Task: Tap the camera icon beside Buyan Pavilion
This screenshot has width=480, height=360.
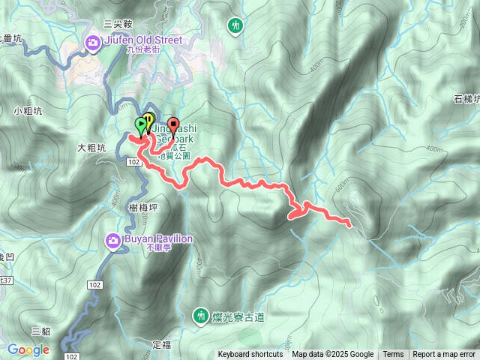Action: coord(112,240)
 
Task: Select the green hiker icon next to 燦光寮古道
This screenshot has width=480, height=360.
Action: coord(201,316)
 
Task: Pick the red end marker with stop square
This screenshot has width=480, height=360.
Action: coord(174,125)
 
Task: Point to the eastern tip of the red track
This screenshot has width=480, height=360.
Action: coord(350,224)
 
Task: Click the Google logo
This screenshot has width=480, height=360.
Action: coord(28,349)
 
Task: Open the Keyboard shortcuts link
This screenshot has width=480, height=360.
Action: coord(250,355)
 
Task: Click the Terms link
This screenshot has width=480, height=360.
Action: coord(393,355)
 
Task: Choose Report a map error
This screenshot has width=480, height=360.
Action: coord(444,355)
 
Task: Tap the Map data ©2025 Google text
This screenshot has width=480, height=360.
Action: coord(332,355)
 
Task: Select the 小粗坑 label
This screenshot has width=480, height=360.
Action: coord(27,111)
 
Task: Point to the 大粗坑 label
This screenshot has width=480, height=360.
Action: coord(91,148)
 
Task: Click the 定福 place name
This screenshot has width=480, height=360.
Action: coord(162,344)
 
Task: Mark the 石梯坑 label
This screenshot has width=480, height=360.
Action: coord(466,99)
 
